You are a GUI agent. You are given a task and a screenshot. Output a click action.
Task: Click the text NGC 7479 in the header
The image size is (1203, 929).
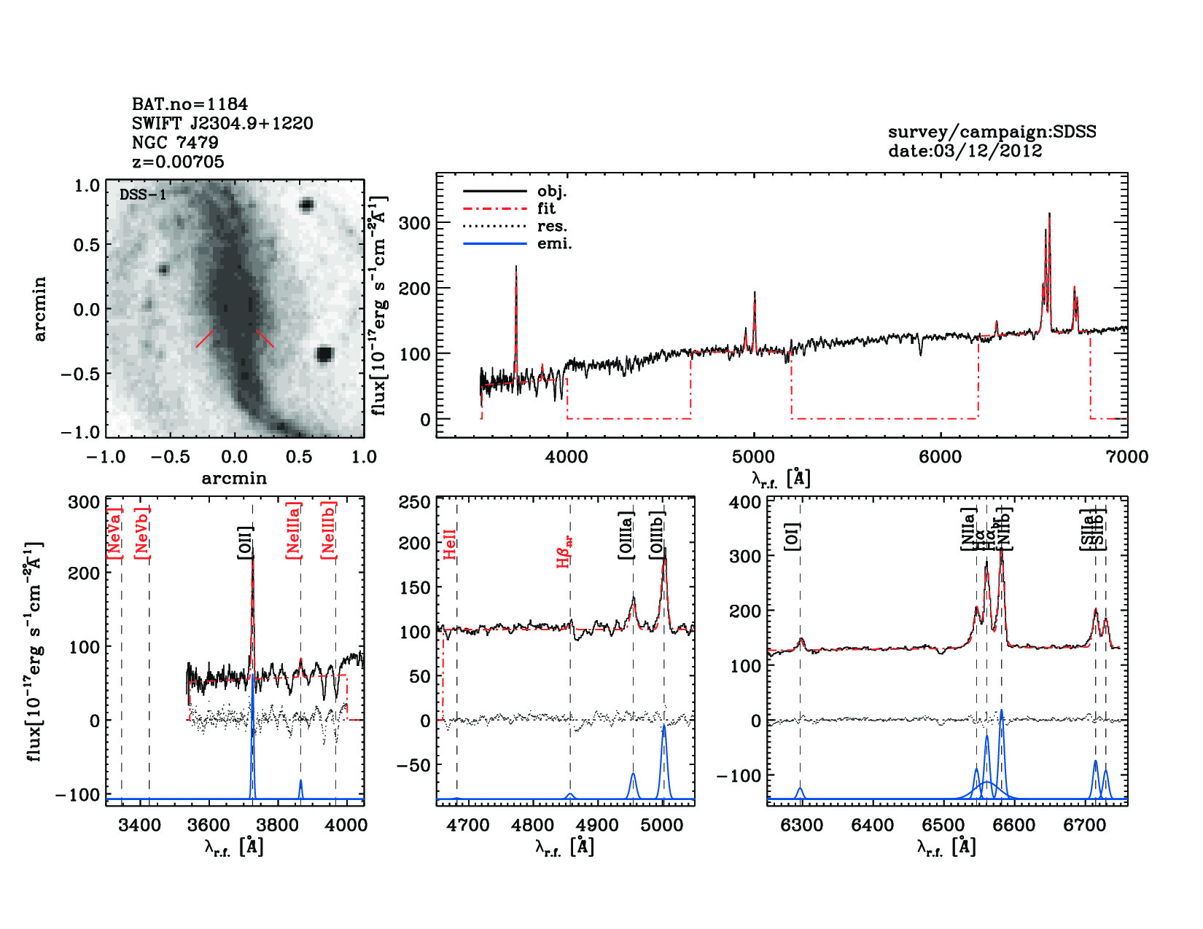175,143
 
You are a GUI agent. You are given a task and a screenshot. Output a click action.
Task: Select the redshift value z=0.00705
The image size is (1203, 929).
178,162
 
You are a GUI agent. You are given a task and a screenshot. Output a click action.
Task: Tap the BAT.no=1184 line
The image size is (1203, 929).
190,104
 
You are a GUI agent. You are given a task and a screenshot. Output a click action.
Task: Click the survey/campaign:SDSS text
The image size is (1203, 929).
992,132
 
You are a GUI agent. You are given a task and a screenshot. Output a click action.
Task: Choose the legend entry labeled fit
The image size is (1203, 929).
546,208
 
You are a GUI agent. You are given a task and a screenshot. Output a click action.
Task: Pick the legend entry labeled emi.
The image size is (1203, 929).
554,243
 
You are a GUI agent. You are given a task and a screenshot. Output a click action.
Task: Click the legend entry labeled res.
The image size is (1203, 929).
552,226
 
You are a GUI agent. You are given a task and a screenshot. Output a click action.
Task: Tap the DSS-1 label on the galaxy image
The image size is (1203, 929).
143,195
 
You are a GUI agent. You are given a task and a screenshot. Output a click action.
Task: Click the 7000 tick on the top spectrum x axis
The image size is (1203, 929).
1126,457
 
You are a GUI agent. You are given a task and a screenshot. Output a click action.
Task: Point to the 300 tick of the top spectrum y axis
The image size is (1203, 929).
415,223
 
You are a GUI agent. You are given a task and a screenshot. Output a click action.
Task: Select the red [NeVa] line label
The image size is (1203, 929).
114,533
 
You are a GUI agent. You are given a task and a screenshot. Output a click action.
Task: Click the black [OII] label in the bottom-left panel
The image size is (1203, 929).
246,543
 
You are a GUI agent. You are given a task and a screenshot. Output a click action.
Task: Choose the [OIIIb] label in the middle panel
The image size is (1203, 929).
658,536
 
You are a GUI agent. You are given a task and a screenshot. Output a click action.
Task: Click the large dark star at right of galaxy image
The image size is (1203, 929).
324,354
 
